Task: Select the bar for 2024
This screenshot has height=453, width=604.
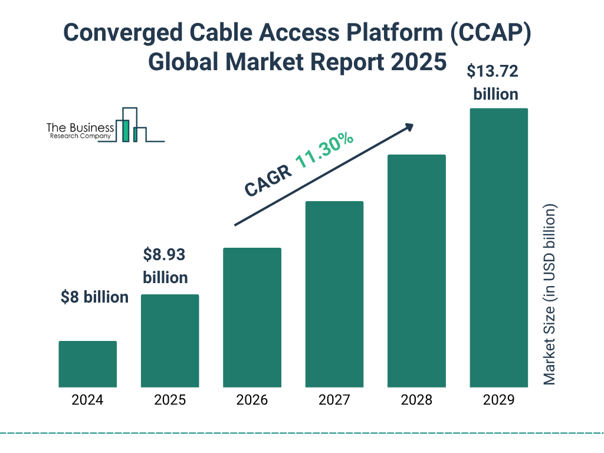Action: pos(87,364)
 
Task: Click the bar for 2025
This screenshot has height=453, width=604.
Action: pos(170,340)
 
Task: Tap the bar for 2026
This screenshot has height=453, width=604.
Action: pos(252,317)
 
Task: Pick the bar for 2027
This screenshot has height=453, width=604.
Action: pos(334,294)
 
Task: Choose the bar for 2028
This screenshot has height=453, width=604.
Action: pos(416,271)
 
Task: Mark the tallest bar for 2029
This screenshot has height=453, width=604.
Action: pos(498,248)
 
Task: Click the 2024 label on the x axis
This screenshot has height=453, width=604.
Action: pos(87,400)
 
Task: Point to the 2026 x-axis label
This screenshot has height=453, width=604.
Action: pos(252,400)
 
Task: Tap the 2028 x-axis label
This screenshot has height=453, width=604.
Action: pos(416,400)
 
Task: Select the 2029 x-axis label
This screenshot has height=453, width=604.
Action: pos(498,400)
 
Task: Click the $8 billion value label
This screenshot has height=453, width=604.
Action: pos(94,297)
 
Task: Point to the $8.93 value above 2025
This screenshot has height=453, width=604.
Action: pos(165,255)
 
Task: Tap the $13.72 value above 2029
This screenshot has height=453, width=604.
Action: pos(492,72)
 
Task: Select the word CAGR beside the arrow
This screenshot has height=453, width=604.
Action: pos(268,180)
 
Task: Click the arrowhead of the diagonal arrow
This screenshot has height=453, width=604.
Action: pos(409,127)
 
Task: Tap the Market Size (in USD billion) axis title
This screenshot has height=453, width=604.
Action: pos(550,295)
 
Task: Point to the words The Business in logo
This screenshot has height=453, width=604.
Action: pos(80,128)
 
